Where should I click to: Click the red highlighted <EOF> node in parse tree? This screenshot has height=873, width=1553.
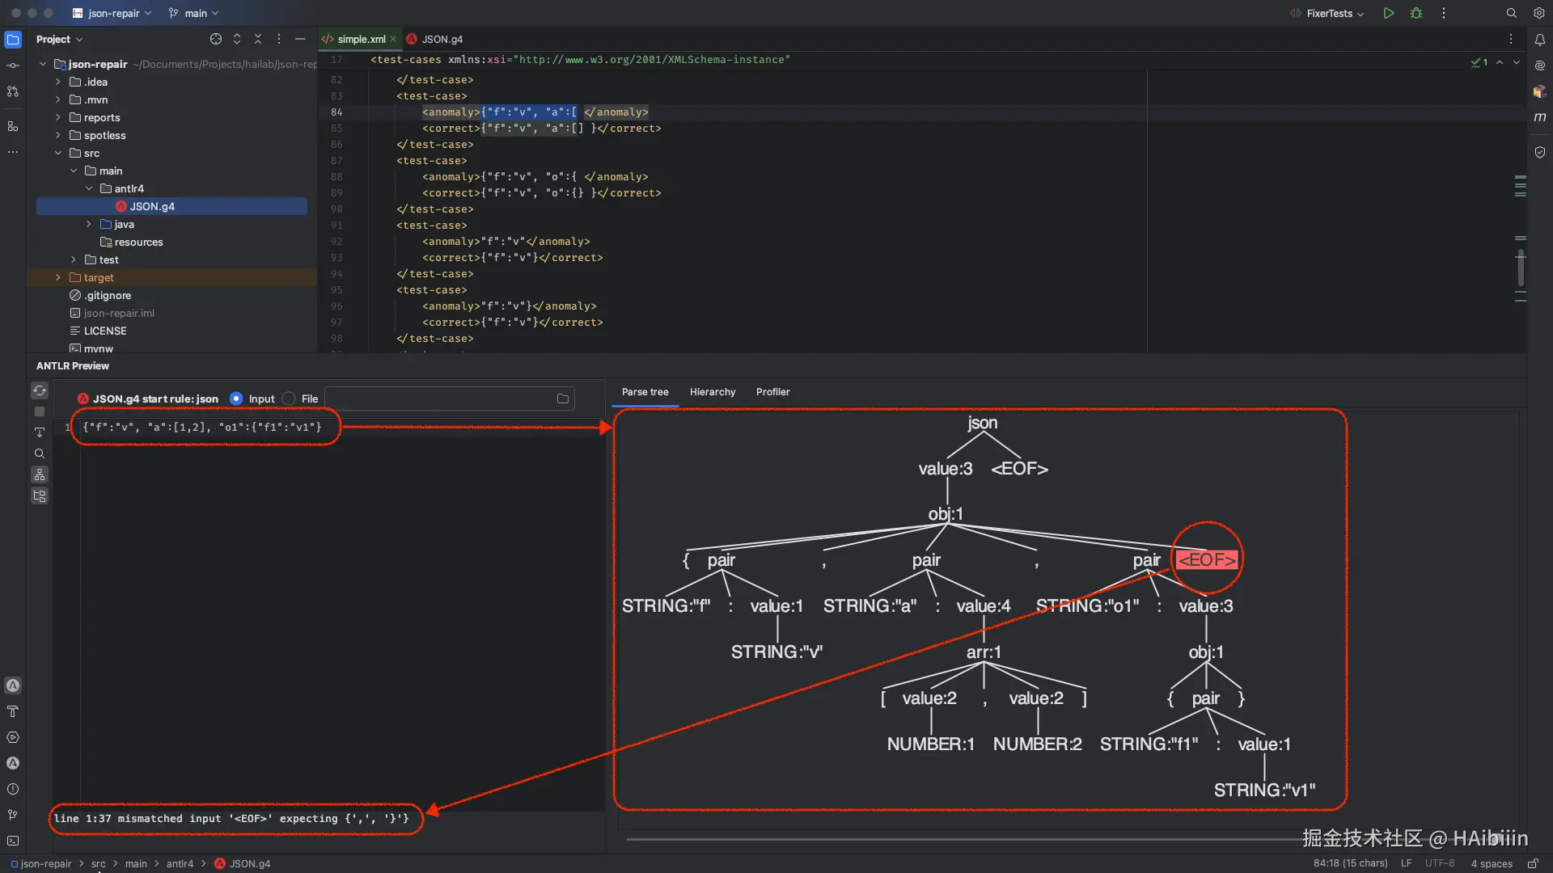(1206, 559)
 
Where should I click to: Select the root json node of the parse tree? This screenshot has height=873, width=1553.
(982, 423)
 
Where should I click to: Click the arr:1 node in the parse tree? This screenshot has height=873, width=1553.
(983, 652)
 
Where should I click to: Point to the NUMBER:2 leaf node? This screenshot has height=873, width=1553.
(1037, 744)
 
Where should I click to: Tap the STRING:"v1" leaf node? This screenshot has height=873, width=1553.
(1263, 790)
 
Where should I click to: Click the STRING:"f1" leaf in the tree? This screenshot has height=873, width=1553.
(1148, 744)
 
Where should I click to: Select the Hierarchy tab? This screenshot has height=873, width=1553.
(712, 392)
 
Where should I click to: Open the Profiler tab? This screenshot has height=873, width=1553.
(772, 392)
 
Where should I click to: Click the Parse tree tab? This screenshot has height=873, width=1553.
(645, 392)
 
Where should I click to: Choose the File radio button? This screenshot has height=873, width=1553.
(289, 399)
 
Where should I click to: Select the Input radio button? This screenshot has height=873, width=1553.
(236, 399)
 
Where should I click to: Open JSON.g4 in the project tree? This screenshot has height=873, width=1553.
(152, 206)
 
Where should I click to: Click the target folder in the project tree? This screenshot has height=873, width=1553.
(99, 277)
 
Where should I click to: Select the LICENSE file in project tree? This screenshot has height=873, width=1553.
(105, 331)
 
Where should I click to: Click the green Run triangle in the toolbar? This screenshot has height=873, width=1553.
(1389, 13)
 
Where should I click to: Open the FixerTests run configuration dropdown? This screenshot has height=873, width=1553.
(1334, 13)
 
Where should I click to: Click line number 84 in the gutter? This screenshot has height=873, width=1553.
(336, 112)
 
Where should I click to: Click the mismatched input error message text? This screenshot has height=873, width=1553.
(231, 818)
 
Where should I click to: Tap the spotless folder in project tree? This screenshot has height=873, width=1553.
(104, 135)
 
